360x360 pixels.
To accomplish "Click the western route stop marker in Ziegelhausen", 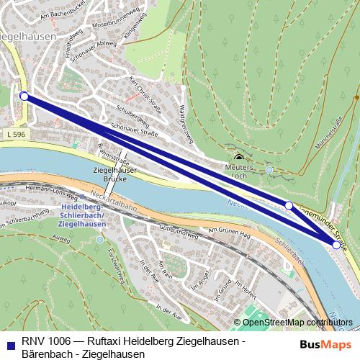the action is point(24,96).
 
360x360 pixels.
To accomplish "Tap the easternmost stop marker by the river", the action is point(336,246).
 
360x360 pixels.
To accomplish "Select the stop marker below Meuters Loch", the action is point(289,205).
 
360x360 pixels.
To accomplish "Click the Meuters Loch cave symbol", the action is point(239,158).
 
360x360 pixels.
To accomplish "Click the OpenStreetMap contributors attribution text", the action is point(298,322).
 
